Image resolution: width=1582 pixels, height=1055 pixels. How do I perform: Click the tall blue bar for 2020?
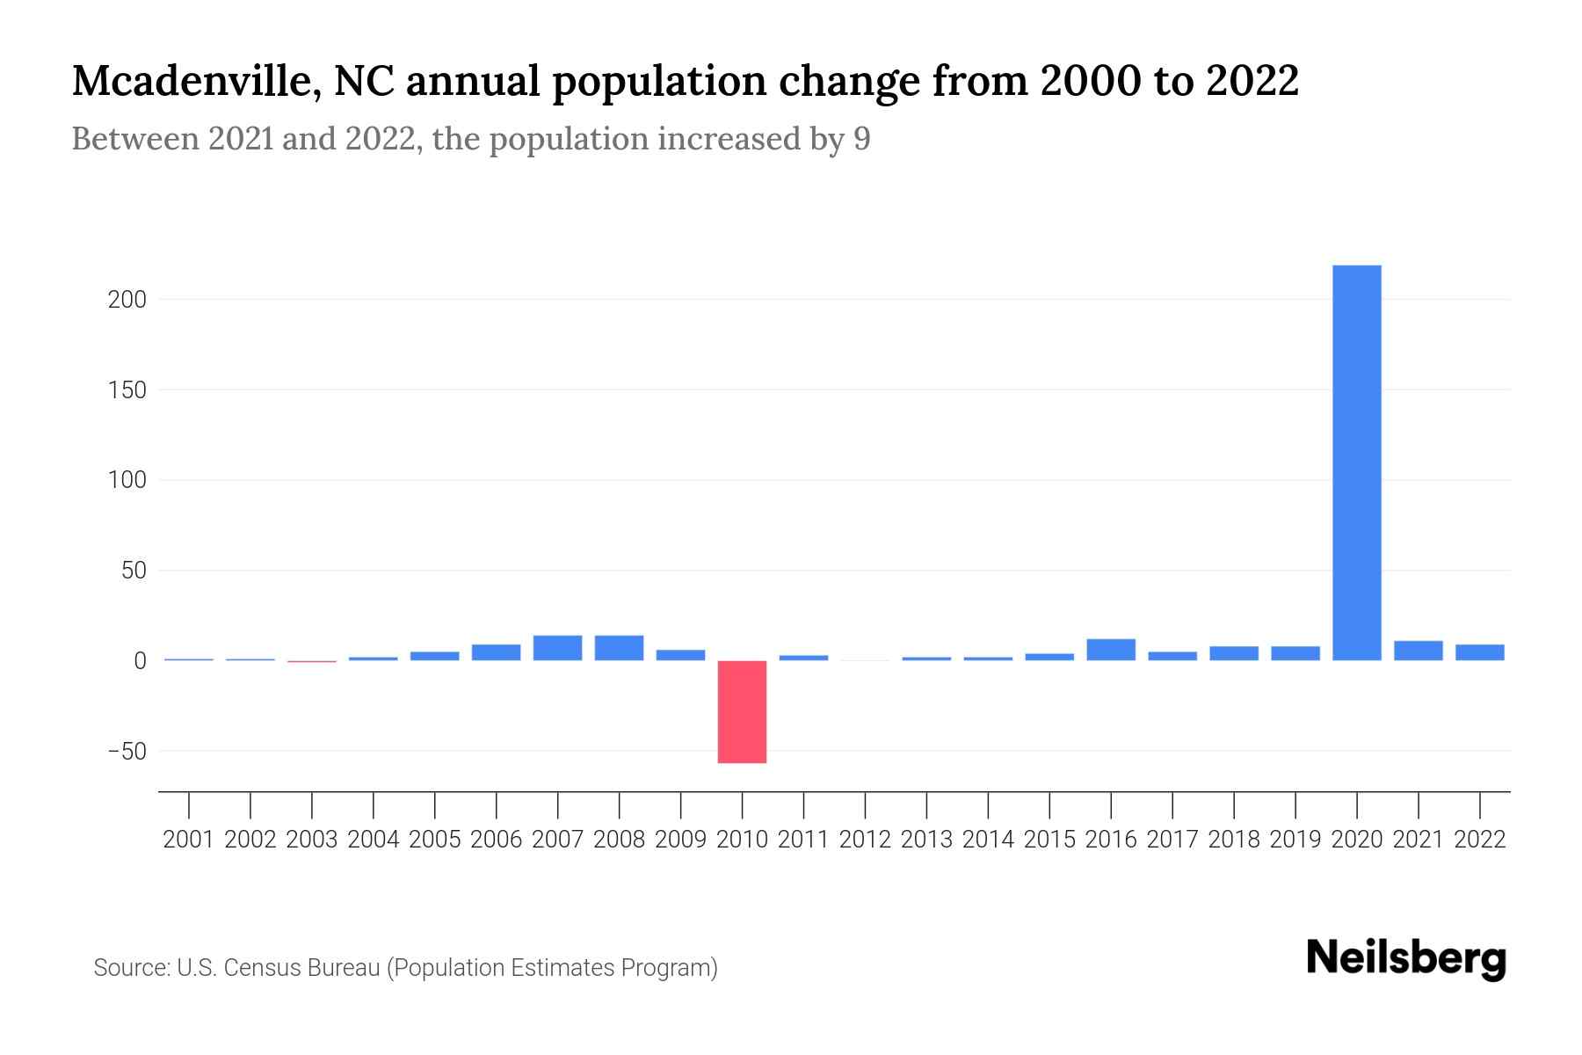tap(1356, 462)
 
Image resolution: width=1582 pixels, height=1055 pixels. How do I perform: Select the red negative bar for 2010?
tap(742, 711)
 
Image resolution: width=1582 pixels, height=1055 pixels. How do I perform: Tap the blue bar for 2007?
tap(557, 648)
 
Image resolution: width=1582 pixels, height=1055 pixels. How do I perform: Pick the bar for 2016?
tap(1111, 650)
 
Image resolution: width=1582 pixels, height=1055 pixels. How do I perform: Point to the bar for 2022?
tap(1480, 652)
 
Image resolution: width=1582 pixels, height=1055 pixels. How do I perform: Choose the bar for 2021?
tap(1418, 651)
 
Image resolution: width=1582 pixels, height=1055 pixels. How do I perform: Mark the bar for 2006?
tap(496, 652)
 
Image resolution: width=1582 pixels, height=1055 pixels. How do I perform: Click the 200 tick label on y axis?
tap(127, 300)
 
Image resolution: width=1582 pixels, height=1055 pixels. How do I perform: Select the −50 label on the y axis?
tap(127, 752)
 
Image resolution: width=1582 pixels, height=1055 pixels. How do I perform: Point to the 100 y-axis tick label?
tap(127, 481)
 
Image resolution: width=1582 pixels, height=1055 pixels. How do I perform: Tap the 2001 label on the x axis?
tap(189, 840)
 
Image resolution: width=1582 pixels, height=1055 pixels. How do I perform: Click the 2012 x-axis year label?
tap(865, 840)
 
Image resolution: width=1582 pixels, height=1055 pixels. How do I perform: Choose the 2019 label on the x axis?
tap(1295, 840)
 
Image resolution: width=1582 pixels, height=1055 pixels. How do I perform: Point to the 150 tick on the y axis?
tap(127, 390)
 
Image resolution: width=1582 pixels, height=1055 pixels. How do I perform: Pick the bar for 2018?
tap(1234, 653)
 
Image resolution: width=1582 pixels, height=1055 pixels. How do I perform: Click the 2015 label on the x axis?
tap(1049, 840)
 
